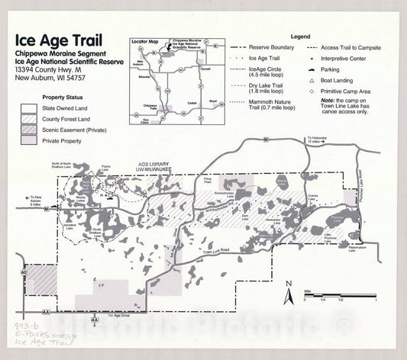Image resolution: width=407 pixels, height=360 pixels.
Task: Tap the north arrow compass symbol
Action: pyautogui.click(x=289, y=290)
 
